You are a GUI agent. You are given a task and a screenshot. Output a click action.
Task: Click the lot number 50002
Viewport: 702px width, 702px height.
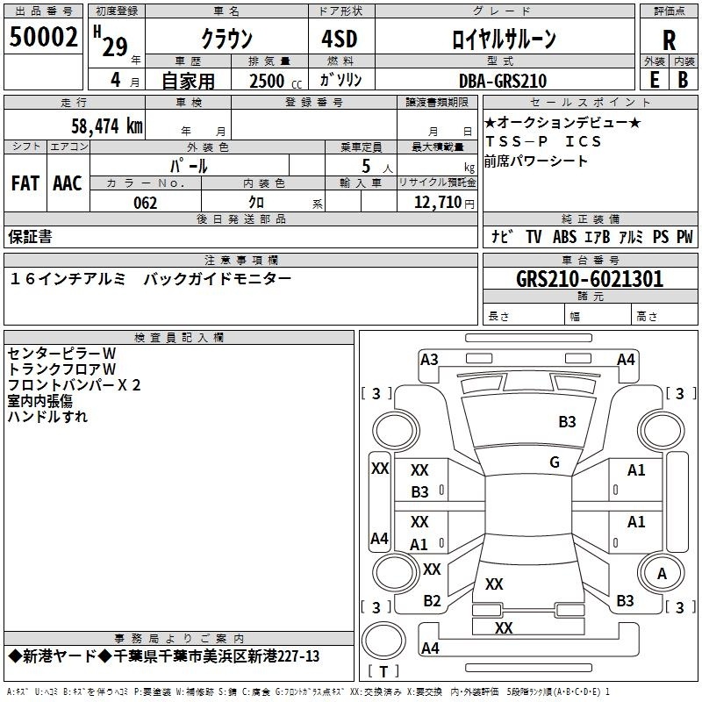[x=43, y=37]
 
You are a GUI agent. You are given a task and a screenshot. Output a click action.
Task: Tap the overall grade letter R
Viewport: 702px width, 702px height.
[x=669, y=40]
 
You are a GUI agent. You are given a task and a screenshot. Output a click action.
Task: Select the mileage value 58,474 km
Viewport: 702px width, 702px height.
[x=107, y=125]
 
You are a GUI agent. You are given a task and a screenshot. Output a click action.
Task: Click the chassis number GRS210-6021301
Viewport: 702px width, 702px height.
[x=590, y=279]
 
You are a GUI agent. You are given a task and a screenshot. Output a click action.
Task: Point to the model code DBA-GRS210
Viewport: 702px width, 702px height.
[x=503, y=81]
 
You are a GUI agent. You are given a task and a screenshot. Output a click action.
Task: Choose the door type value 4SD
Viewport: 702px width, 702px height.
[x=340, y=39]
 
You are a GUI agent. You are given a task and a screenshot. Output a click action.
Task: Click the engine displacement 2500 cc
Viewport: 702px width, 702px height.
[x=276, y=81]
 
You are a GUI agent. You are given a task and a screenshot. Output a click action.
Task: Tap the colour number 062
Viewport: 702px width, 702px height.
[x=146, y=203]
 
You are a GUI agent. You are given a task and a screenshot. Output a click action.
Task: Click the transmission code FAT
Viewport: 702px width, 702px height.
[x=25, y=183]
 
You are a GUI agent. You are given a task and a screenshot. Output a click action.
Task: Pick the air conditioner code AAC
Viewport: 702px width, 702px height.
[x=68, y=183]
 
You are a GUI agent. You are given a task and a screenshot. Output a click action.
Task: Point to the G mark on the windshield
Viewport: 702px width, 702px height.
[x=555, y=462]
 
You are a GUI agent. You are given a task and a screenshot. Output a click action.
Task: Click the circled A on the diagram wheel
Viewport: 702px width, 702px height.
[x=662, y=574]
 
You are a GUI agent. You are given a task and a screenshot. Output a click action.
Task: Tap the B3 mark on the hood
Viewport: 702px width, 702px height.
[x=567, y=422]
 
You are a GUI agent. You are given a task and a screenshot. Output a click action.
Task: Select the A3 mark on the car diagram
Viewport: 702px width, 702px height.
[x=429, y=360]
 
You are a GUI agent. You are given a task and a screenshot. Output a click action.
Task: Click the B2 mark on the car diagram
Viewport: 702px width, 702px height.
[x=432, y=601]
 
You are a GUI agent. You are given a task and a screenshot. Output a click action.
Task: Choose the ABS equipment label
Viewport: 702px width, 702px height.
[x=564, y=237]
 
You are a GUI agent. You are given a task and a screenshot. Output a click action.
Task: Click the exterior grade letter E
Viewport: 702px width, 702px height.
[x=655, y=80]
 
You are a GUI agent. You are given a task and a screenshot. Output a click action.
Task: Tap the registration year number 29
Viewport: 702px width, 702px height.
[x=115, y=47]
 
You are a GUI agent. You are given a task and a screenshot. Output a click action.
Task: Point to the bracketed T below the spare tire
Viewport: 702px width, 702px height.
[x=383, y=671]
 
